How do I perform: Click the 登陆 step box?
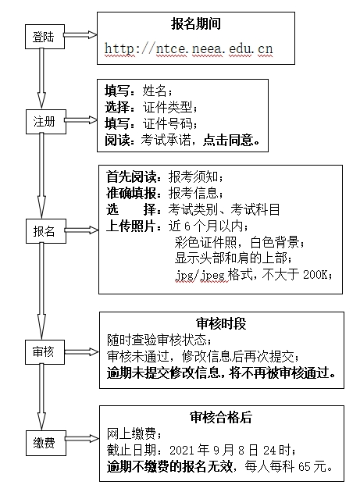45,37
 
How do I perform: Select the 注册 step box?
46,122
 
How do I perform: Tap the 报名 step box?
46,231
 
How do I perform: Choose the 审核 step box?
45,352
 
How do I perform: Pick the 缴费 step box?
46,443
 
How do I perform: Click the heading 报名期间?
196,24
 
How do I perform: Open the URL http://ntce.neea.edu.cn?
189,48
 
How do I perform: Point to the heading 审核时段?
221,323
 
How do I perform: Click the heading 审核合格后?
221,417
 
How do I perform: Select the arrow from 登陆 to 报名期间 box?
80,35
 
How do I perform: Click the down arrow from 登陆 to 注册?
41,78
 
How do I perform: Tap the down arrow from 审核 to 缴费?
41,397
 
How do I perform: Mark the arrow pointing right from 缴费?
82,439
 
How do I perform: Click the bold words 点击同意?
228,140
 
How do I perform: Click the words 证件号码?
168,123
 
